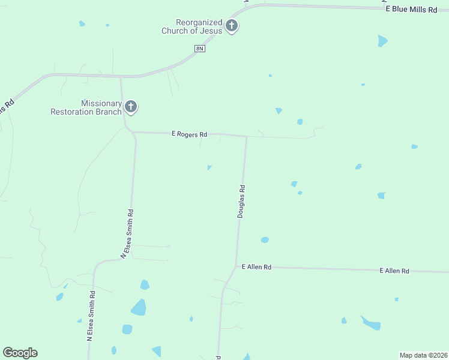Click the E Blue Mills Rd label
point(411,10)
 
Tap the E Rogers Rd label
point(189,134)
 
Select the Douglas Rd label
point(241,201)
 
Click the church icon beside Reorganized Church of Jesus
point(232,26)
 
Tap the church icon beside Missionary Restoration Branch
point(131,107)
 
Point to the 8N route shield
point(200,48)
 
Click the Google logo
point(20,353)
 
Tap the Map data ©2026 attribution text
point(423,355)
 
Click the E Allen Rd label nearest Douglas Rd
point(256,266)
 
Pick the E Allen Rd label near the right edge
point(394,271)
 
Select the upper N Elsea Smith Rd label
point(127,233)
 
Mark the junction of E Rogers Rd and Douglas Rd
point(247,136)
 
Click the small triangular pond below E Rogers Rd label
point(209,167)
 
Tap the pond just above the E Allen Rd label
point(265,240)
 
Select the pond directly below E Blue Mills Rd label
point(382,41)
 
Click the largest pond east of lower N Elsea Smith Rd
point(139,308)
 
